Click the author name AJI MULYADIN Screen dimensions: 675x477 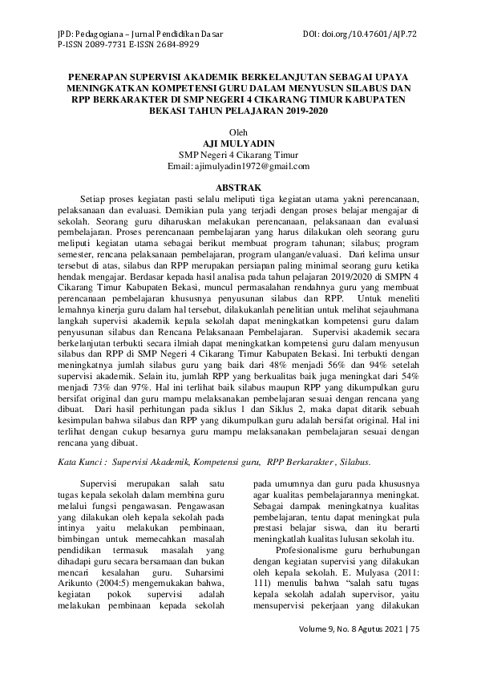[x=238, y=143]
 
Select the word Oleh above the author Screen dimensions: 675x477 [x=238, y=131]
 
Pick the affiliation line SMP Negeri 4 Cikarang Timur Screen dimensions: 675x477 [x=238, y=155]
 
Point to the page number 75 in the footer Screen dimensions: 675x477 [x=414, y=629]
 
